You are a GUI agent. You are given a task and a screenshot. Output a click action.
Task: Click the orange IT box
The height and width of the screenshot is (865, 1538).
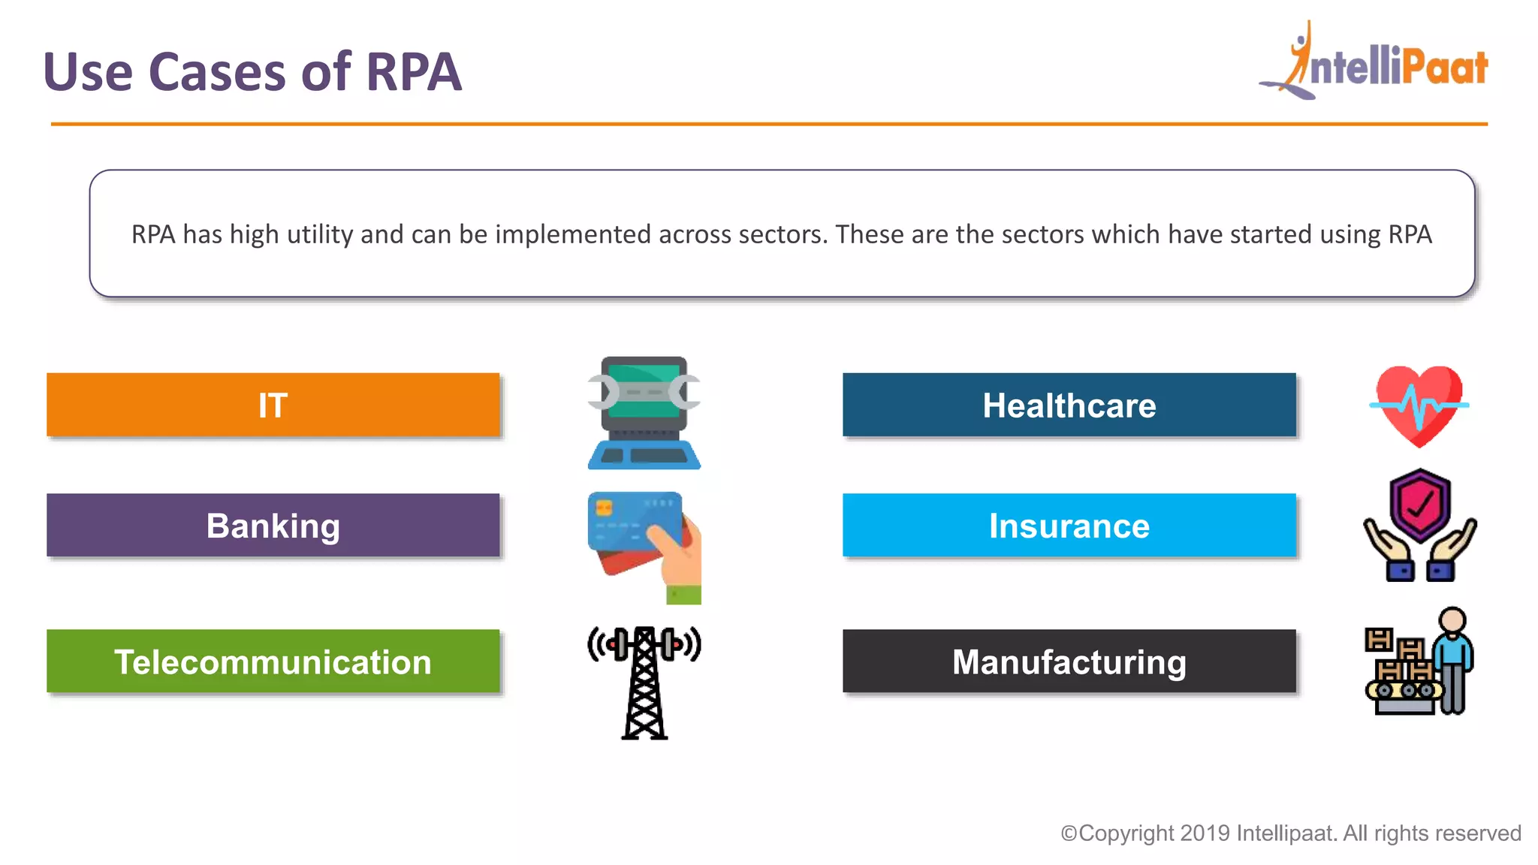273,405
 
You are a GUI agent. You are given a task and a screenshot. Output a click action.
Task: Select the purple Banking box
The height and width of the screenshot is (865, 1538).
273,525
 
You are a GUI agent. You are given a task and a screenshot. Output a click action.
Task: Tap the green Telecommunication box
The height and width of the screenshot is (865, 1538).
273,661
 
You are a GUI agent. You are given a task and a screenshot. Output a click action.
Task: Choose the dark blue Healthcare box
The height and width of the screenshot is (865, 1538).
1069,405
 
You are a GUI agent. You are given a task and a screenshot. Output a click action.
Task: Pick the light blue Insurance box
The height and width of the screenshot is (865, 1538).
1069,525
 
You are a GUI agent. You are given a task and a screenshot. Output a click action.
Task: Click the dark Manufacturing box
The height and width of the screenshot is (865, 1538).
1069,661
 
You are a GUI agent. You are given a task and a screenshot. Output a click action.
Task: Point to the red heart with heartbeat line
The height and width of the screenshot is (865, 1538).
1419,405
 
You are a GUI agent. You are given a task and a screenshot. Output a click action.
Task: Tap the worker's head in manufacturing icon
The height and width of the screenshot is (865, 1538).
1452,620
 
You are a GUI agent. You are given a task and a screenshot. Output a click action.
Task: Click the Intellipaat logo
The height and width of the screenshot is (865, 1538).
1374,64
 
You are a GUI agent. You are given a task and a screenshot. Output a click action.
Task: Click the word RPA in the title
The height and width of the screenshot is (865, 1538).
413,72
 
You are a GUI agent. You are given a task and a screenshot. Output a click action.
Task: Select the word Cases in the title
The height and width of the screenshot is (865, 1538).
218,72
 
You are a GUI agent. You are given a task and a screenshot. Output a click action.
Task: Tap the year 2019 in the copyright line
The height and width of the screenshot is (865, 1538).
1205,833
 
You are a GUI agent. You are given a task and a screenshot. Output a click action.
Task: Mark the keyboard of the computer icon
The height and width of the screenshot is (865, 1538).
644,455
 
